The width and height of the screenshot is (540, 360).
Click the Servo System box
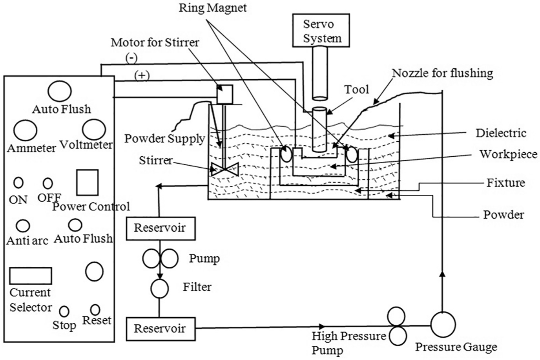click(x=321, y=30)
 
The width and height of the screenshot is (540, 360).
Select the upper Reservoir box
click(x=161, y=228)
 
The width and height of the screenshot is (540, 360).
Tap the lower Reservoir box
click(x=161, y=329)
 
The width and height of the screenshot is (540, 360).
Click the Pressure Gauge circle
click(x=443, y=324)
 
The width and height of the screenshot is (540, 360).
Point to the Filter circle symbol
click(x=159, y=289)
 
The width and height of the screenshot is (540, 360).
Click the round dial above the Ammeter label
click(x=25, y=130)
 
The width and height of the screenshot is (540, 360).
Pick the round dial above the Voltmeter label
click(x=94, y=130)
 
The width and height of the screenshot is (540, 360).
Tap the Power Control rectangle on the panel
click(x=87, y=182)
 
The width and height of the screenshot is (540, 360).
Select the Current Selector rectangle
click(x=31, y=276)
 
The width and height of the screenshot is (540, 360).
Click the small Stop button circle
click(x=64, y=312)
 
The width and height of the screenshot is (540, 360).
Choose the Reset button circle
click(x=95, y=310)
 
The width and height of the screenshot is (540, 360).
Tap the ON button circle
click(x=18, y=183)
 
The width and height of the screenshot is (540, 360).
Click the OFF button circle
click(x=48, y=183)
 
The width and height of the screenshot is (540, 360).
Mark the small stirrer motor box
click(x=225, y=94)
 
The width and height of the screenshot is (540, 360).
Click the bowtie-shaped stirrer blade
click(x=225, y=169)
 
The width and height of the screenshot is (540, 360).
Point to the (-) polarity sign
click(x=131, y=58)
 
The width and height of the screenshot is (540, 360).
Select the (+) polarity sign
click(x=142, y=76)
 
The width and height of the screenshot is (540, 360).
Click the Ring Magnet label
click(x=213, y=8)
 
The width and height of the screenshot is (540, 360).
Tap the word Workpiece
click(x=508, y=154)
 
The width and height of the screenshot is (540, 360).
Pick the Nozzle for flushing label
click(x=443, y=73)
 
